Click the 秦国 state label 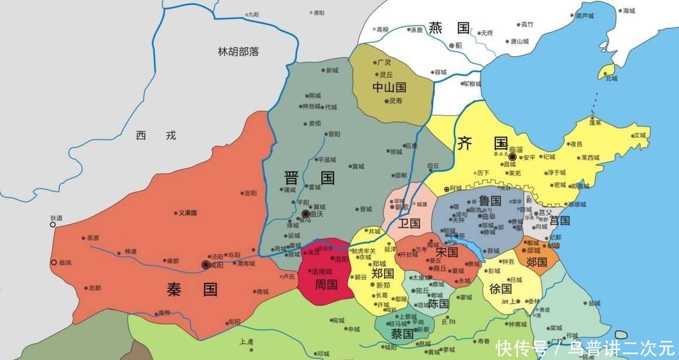[x=184, y=289]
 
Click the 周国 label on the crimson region [x=325, y=285]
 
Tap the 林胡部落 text [x=238, y=52]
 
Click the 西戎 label [x=156, y=136]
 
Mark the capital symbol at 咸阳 [x=205, y=265]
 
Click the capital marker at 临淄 [x=512, y=157]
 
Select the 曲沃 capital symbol [x=306, y=215]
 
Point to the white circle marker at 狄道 [x=53, y=224]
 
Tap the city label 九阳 [x=253, y=15]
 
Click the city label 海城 [x=629, y=11]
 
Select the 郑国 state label [x=383, y=273]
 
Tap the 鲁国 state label [x=490, y=201]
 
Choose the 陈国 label [x=438, y=304]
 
